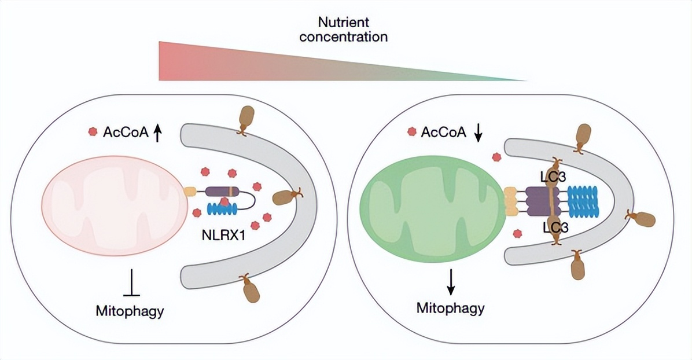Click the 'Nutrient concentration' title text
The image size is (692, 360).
coord(352,31)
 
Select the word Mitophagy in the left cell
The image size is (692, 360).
coord(130,311)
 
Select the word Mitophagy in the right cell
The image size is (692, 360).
coord(451,307)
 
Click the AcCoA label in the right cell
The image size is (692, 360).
coord(443,132)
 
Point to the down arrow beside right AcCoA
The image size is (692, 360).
coord(478,133)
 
